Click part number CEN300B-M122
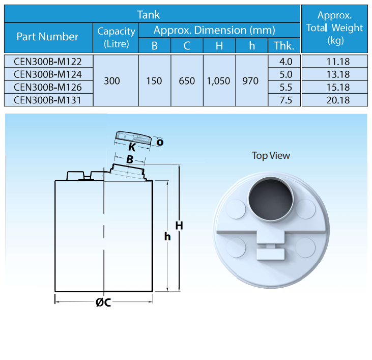click(x=48, y=62)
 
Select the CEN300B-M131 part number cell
click(x=48, y=100)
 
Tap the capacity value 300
click(x=112, y=80)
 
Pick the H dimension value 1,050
click(x=218, y=81)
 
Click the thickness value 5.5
click(x=285, y=87)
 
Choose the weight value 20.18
click(x=338, y=100)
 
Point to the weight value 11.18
click(x=338, y=62)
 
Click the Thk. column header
click(x=284, y=45)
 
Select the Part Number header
click(x=47, y=37)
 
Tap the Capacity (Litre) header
click(x=116, y=38)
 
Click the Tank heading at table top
click(x=149, y=15)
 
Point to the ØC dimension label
click(x=103, y=302)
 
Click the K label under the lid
click(x=132, y=147)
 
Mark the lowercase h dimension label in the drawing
click(x=167, y=236)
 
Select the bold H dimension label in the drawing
click(x=179, y=226)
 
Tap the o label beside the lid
click(x=160, y=142)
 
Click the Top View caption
click(x=271, y=156)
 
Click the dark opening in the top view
click(x=271, y=200)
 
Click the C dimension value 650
click(x=187, y=81)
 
